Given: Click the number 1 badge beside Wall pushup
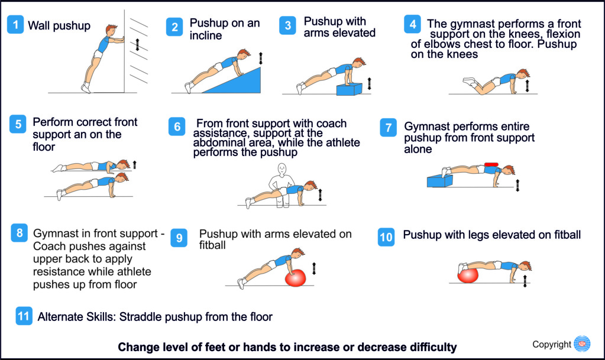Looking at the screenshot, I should click(16, 25).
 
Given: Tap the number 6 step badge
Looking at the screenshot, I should click(176, 127).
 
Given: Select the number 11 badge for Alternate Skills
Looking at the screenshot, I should click(24, 316).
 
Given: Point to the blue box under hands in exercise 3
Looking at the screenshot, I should click(349, 89).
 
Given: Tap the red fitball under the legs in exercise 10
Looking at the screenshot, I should click(468, 275).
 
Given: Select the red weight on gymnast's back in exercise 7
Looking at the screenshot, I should click(491, 164).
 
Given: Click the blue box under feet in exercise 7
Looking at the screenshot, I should click(439, 180).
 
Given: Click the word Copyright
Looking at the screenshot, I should click(551, 345).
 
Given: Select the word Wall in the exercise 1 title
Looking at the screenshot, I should click(40, 25).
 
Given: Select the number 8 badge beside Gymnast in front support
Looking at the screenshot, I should click(20, 233).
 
